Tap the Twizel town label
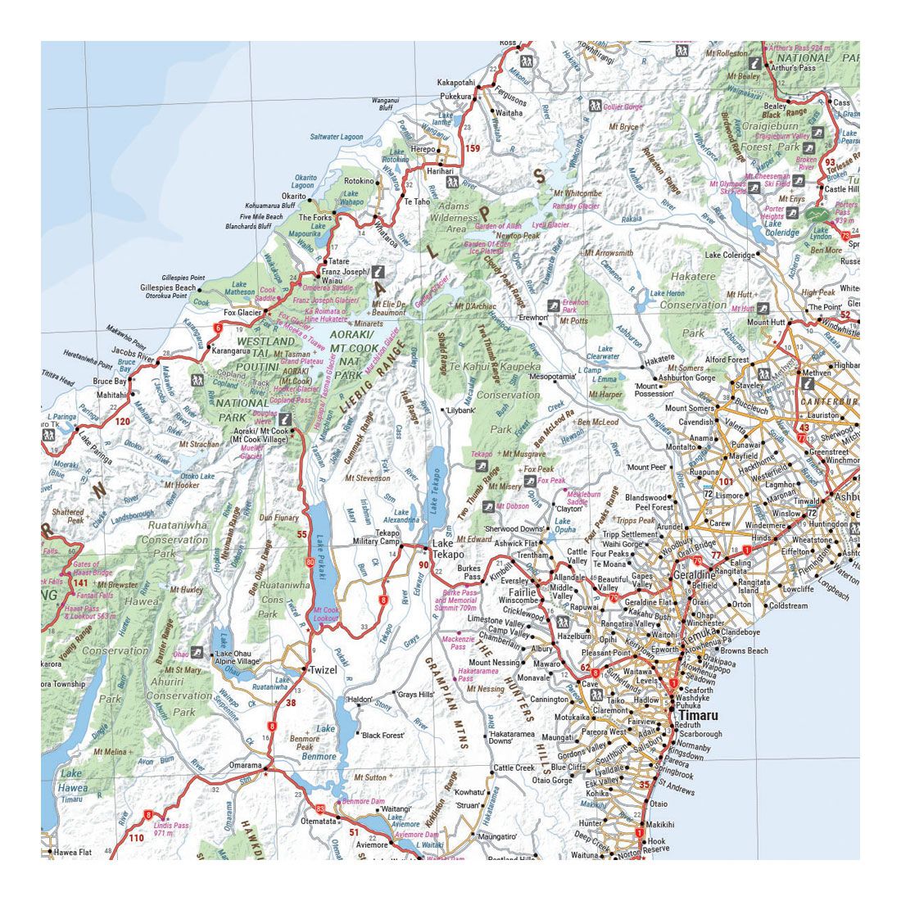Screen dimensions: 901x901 click(323, 669)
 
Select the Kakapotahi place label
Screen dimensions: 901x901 click(455, 83)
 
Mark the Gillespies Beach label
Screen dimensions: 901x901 click(168, 288)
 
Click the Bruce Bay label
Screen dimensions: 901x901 click(109, 382)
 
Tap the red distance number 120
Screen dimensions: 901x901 click(123, 421)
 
